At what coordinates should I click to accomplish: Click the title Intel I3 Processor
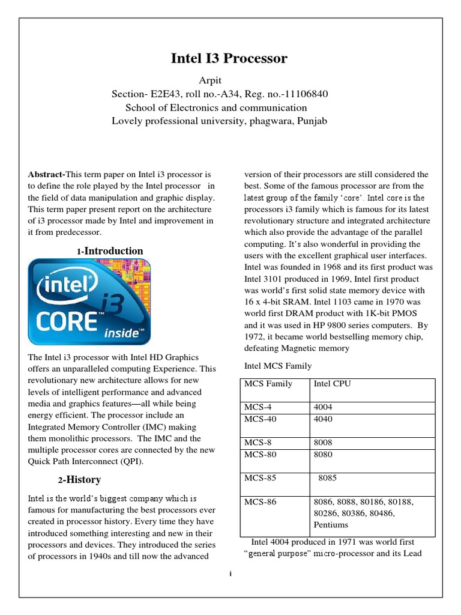(229, 58)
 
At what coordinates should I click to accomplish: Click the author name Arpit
(210, 80)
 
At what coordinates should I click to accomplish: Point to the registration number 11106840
(306, 94)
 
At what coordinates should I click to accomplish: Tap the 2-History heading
(79, 480)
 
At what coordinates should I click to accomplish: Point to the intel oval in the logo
(67, 289)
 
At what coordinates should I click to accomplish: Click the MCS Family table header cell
(268, 384)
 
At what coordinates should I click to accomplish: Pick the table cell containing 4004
(323, 407)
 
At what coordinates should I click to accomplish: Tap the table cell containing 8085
(328, 479)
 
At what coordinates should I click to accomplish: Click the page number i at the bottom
(230, 574)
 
